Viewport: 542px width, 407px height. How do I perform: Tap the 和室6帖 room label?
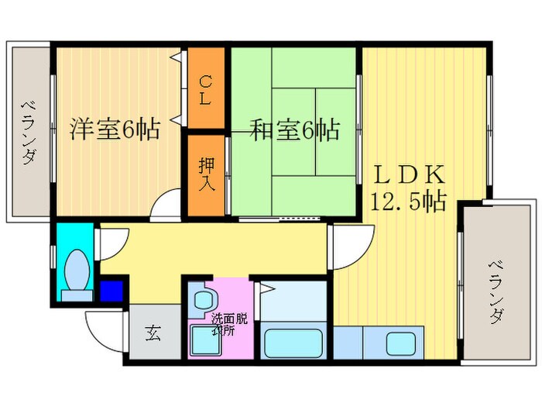[x=295, y=129]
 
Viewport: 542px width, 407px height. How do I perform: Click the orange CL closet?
[x=205, y=88]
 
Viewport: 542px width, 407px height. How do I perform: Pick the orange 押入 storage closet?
[x=205, y=176]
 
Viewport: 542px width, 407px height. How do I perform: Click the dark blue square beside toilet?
[x=111, y=291]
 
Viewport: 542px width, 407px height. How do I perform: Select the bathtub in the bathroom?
[x=293, y=342]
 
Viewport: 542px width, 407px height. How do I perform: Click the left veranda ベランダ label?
[x=29, y=132]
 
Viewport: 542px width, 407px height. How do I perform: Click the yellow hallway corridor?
[x=217, y=248]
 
